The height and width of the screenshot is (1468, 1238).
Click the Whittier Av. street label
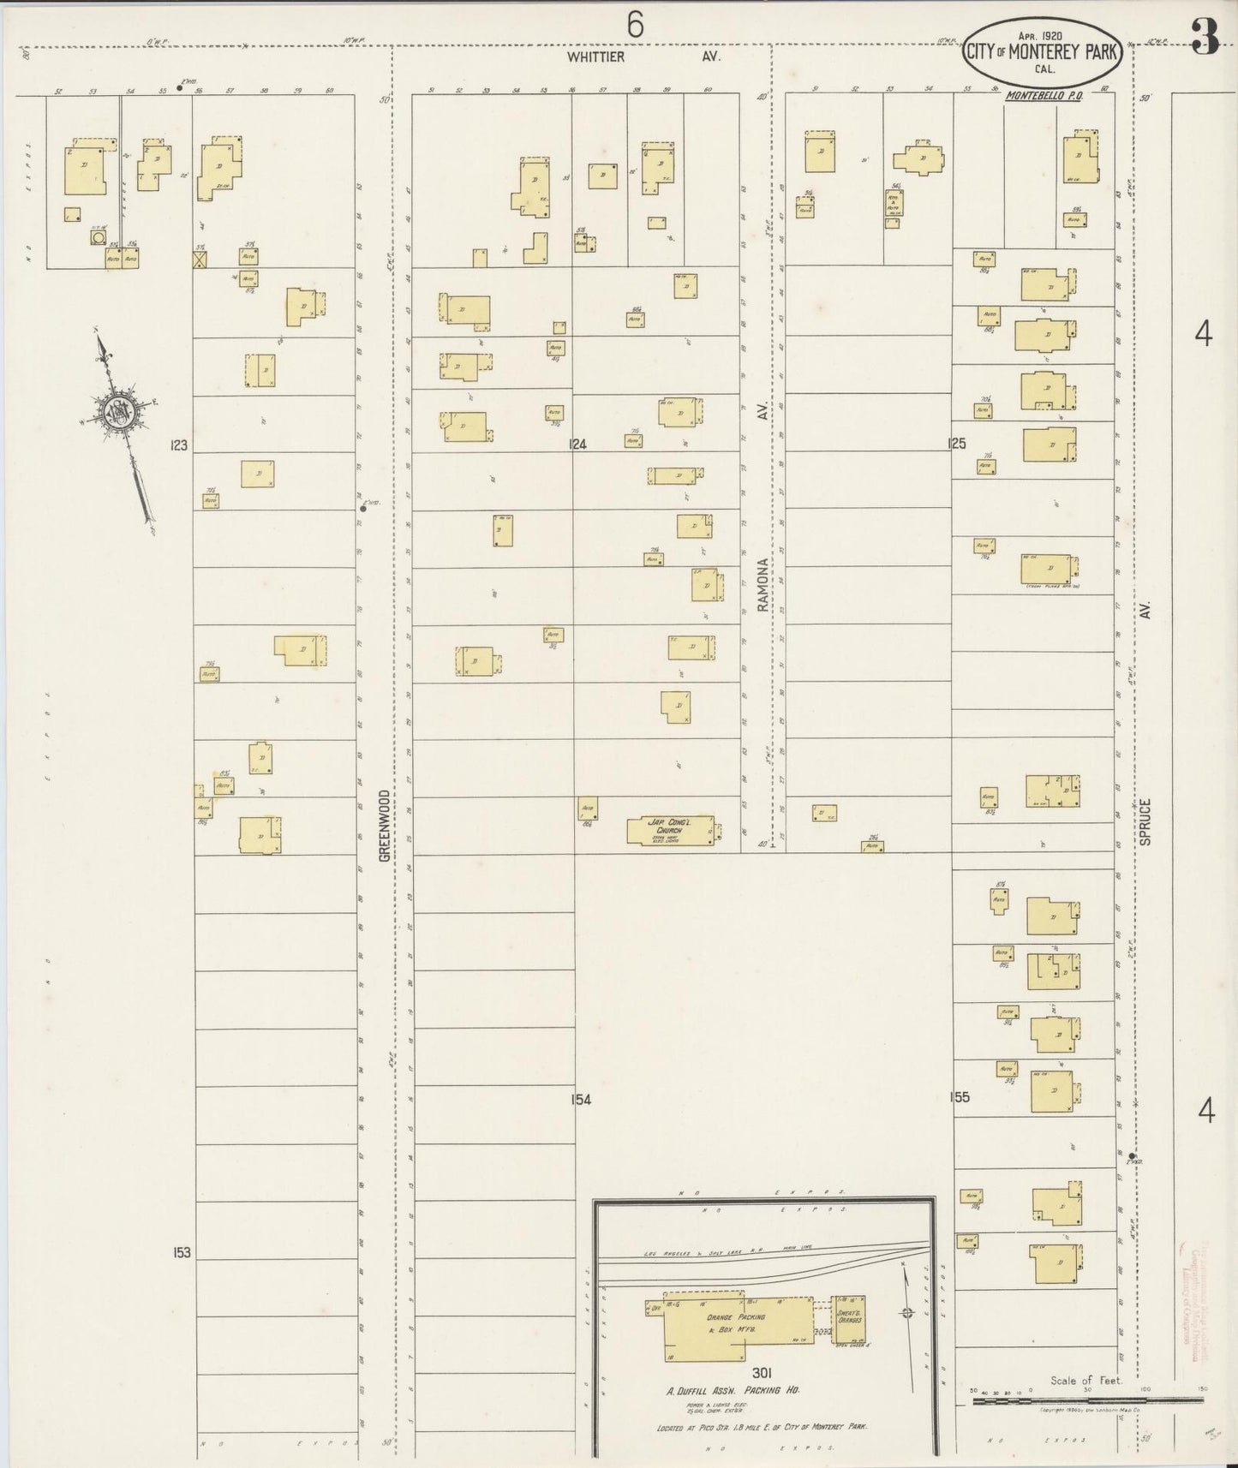click(643, 57)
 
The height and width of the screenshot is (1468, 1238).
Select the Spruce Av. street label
click(1145, 822)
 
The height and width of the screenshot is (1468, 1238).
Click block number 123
click(179, 445)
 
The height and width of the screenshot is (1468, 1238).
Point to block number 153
click(181, 1252)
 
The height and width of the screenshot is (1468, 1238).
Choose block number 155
click(960, 1097)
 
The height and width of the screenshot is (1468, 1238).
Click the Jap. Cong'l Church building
click(671, 831)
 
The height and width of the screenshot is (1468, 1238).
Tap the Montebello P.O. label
click(1044, 96)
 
